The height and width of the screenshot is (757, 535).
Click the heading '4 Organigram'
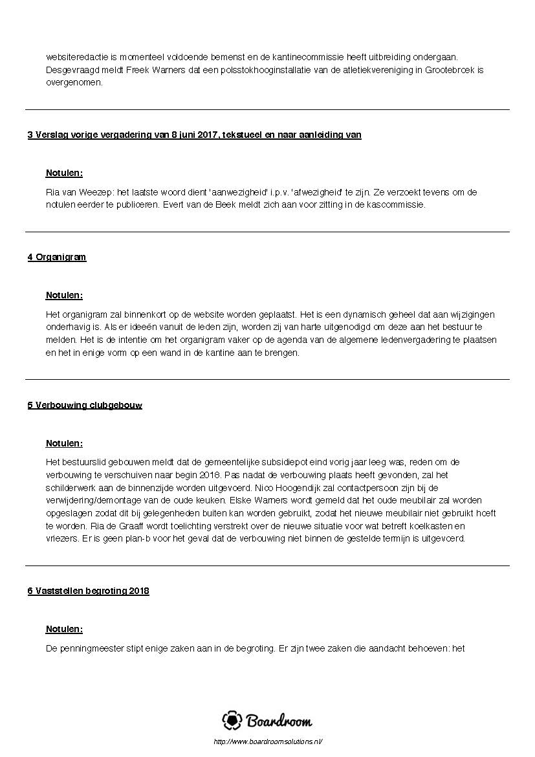(x=57, y=258)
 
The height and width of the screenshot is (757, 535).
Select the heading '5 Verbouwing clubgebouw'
(x=85, y=406)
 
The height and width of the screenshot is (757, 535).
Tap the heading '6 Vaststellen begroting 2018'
(x=88, y=591)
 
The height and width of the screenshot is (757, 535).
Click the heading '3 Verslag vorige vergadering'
(x=194, y=135)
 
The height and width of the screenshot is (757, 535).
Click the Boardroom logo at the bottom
(x=267, y=720)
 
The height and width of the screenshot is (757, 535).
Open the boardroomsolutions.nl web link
(x=267, y=741)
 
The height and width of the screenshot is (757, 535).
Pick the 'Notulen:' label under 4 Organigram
(x=64, y=296)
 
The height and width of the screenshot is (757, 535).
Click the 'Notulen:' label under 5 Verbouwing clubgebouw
(x=64, y=444)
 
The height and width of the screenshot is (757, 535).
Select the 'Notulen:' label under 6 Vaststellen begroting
(x=64, y=630)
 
